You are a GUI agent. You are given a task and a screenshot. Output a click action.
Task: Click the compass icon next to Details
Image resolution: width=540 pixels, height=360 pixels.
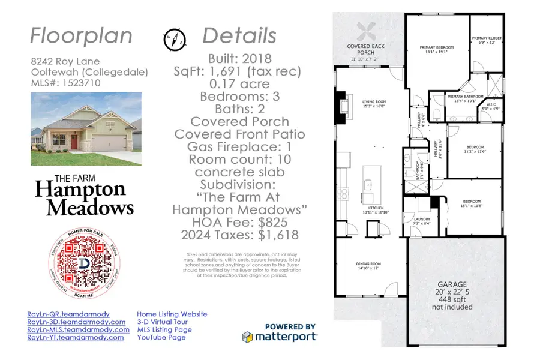coord(175,40)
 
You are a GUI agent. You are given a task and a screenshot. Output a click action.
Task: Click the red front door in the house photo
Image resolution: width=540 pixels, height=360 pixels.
coord(74,143)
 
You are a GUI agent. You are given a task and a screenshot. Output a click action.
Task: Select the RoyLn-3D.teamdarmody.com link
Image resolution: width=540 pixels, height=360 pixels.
coord(78,322)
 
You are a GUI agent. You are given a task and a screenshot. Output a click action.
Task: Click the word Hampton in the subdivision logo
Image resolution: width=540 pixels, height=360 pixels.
coord(80,190)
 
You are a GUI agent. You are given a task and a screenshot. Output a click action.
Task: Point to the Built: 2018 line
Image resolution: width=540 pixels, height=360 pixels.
coord(240,59)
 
